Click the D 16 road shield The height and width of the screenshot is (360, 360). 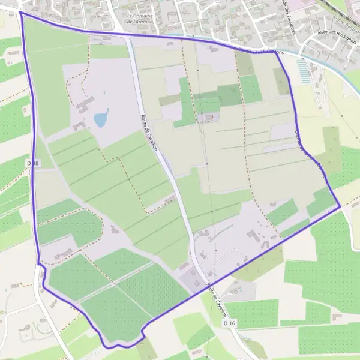(x=229, y=323)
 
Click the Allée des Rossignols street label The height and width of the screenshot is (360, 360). (x=328, y=32)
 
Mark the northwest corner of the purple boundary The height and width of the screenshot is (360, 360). (x=20, y=12)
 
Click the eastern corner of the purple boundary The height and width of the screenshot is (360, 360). (x=340, y=206)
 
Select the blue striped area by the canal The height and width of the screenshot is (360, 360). (x=305, y=71)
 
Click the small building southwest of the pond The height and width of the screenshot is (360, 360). (x=79, y=126)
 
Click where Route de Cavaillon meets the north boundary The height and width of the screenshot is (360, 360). (x=127, y=36)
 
